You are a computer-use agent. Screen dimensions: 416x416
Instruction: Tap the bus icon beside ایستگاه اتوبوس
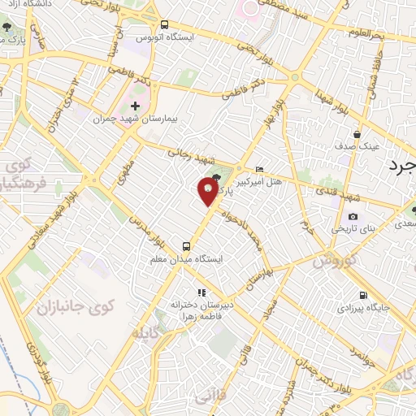pos(165,25)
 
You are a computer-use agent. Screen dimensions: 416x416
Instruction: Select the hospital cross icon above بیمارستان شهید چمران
pos(135,106)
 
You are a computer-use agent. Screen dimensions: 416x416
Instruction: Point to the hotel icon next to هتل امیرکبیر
pos(259,169)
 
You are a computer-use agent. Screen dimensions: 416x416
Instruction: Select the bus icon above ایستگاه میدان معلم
pos(187,245)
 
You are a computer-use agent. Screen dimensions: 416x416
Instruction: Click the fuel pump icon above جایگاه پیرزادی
pos(362,295)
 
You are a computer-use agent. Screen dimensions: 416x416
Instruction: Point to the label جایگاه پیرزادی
pos(375,308)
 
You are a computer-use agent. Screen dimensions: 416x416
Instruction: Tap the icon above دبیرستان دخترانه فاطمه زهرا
pos(201,292)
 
